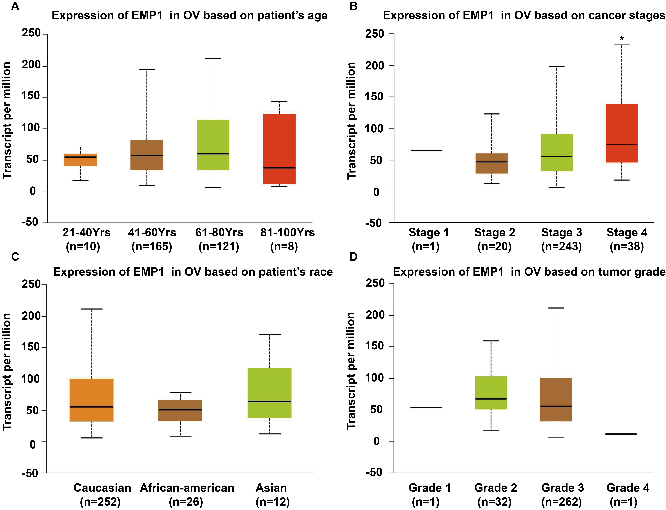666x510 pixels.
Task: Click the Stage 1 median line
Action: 426,150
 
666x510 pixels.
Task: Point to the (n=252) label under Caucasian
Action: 100,502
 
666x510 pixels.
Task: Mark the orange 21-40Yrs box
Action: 80,160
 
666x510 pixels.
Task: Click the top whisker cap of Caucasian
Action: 92,309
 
